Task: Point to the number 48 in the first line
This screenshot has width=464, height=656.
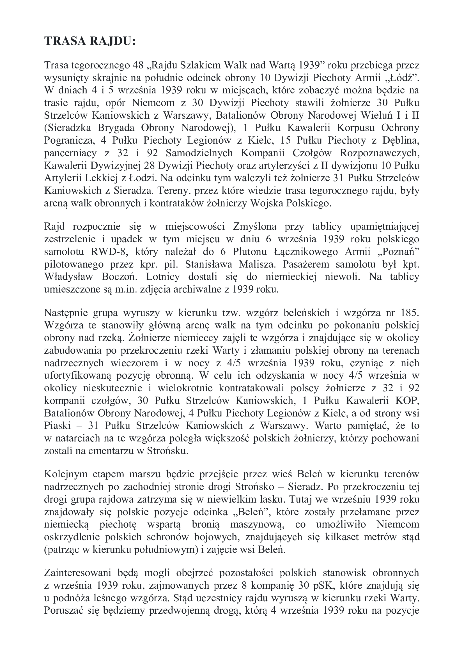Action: (139, 65)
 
